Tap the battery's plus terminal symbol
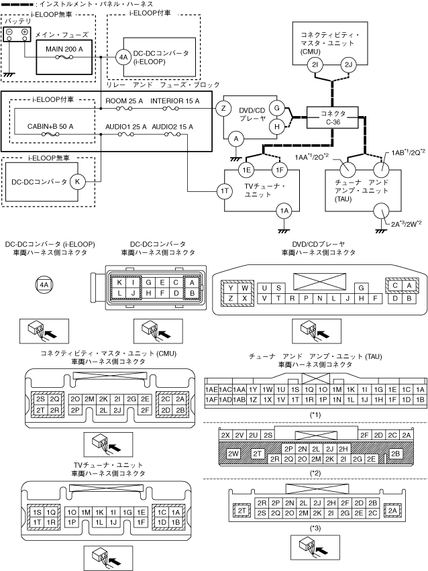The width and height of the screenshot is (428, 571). [25, 32]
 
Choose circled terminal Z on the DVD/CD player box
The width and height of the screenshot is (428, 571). [223, 109]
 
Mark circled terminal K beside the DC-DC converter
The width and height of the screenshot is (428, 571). [78, 181]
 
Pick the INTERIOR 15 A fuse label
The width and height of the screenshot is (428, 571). [175, 101]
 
